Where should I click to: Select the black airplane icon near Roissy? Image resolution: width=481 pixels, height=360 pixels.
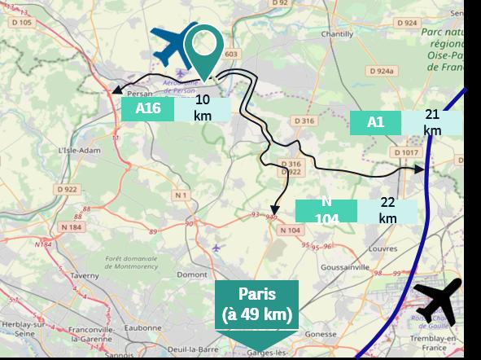pyautogui.click(x=437, y=299)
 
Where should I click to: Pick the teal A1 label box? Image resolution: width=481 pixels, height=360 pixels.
pyautogui.click(x=375, y=122)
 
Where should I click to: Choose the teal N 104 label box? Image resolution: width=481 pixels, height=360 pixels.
pyautogui.click(x=326, y=210)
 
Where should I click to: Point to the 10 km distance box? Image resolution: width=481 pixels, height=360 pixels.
pyautogui.click(x=203, y=108)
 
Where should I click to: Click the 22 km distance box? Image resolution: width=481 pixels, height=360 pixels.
pyautogui.click(x=387, y=210)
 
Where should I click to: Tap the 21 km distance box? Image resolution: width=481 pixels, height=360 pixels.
pyautogui.click(x=432, y=122)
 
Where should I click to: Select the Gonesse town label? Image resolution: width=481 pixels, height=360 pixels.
pyautogui.click(x=320, y=334)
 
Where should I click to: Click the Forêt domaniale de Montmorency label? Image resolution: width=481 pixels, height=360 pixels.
pyautogui.click(x=130, y=263)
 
